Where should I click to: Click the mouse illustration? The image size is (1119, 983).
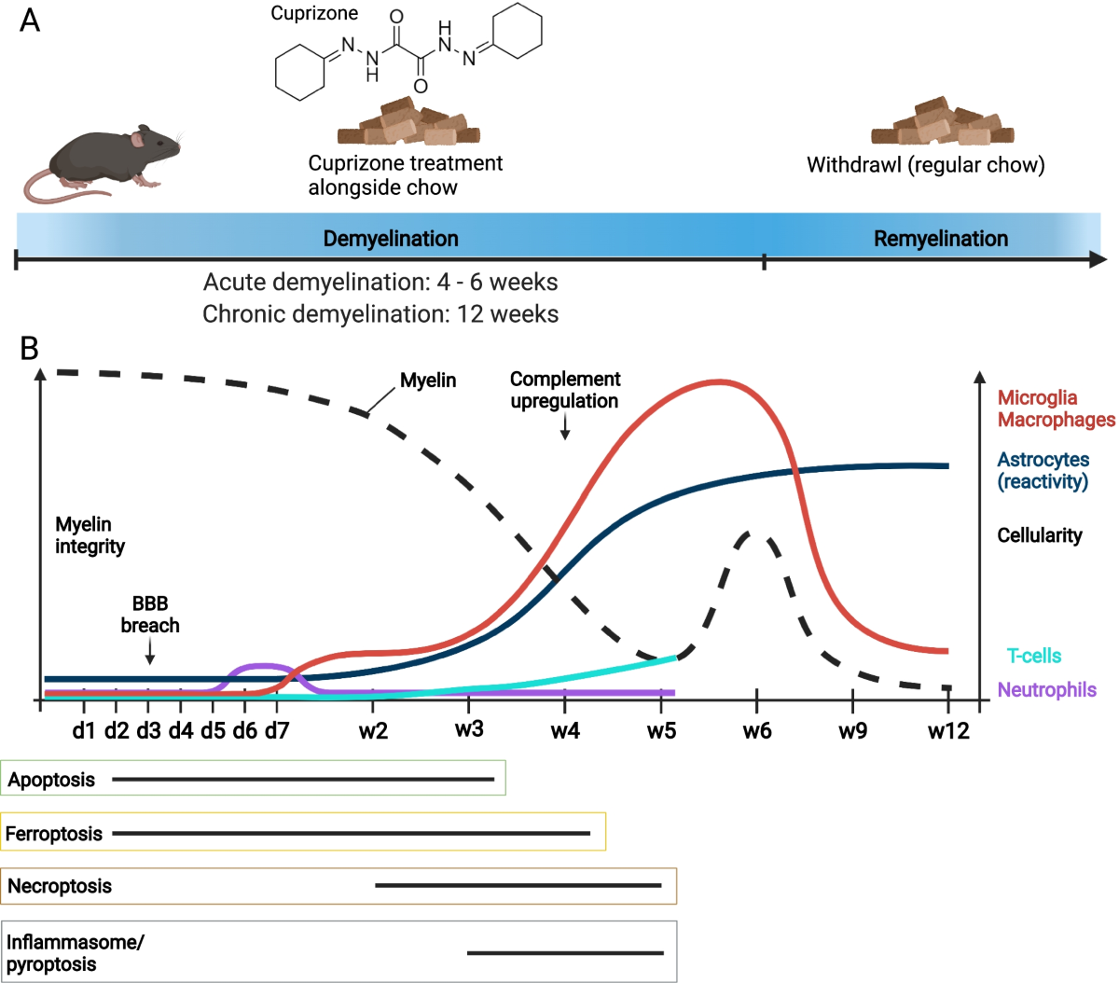point(103,163)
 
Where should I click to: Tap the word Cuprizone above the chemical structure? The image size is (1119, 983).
point(314,13)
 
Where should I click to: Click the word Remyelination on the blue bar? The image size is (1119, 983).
point(941,239)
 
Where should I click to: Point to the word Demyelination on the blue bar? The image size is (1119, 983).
point(391,239)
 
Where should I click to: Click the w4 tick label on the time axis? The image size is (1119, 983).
point(565,730)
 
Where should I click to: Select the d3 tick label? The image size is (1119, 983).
point(148,730)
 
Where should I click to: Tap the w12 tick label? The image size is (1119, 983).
point(948,730)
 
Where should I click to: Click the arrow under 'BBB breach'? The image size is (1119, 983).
point(150,651)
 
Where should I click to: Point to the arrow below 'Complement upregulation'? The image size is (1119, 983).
point(564,427)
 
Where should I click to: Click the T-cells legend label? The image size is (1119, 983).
point(1034,656)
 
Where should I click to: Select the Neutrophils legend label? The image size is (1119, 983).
point(1046,689)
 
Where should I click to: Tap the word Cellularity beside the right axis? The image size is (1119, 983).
point(1040,535)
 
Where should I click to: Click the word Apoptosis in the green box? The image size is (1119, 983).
point(51,780)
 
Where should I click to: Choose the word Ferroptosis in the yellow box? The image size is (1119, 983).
point(54,833)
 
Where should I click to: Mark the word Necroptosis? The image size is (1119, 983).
point(60,886)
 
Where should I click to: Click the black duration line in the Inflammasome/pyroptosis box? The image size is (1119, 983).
point(565,953)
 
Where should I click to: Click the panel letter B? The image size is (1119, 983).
point(29,349)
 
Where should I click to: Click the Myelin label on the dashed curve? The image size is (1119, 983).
point(428,381)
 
